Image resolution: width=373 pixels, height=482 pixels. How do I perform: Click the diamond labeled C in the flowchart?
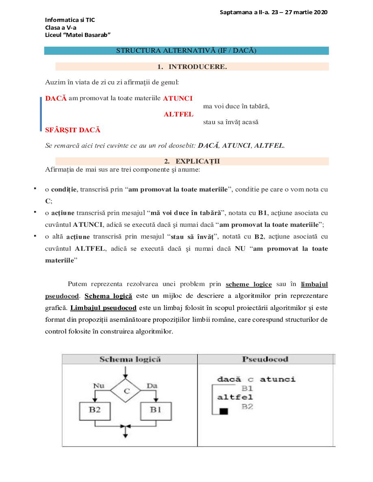pyautogui.click(x=126, y=391)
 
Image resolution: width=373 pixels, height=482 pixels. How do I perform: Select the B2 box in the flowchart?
pyautogui.click(x=95, y=410)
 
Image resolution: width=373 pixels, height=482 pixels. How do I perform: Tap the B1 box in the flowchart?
pyautogui.click(x=156, y=410)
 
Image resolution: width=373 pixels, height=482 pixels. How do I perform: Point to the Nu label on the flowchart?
pyautogui.click(x=99, y=385)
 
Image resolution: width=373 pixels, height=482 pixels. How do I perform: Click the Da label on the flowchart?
pyautogui.click(x=152, y=385)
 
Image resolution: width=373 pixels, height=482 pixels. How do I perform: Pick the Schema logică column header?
pyautogui.click(x=130, y=359)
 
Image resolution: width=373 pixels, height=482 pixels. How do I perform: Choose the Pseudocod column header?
pyautogui.click(x=265, y=359)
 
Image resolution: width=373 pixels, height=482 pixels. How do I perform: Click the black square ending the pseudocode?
pyautogui.click(x=223, y=412)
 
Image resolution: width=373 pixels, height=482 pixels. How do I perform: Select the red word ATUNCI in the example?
pyautogui.click(x=178, y=98)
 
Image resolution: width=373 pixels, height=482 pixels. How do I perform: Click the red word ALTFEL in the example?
pyautogui.click(x=178, y=114)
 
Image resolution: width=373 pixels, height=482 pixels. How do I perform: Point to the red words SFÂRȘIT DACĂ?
pyautogui.click(x=73, y=130)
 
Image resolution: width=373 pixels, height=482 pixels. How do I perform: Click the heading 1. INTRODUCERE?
pyautogui.click(x=192, y=67)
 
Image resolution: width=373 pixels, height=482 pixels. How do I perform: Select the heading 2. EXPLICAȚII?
pyautogui.click(x=192, y=161)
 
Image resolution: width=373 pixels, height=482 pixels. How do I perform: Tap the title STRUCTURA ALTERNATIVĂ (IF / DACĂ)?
pyautogui.click(x=186, y=51)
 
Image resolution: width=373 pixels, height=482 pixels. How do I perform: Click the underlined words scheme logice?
pyautogui.click(x=249, y=284)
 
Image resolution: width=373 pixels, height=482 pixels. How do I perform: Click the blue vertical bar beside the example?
pyautogui.click(x=41, y=114)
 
